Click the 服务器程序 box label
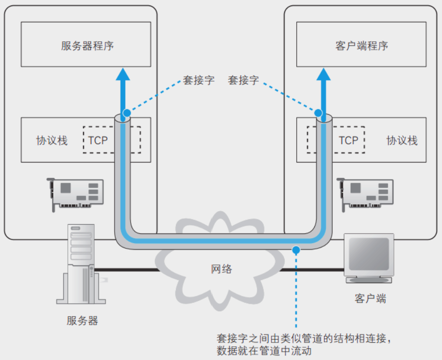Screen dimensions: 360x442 [x=87, y=46]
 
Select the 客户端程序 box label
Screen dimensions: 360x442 [x=361, y=46]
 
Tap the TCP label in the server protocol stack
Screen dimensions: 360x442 [x=98, y=140]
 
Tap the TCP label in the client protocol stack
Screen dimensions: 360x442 [x=348, y=140]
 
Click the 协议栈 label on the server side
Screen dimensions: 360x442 [x=52, y=141]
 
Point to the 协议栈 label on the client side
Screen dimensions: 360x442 [x=402, y=141]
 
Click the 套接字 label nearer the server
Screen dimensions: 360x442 [x=198, y=80]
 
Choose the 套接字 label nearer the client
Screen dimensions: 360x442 [x=243, y=80]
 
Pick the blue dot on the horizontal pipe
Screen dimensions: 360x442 [x=296, y=249]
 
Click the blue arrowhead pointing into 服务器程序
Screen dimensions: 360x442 [x=124, y=74]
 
